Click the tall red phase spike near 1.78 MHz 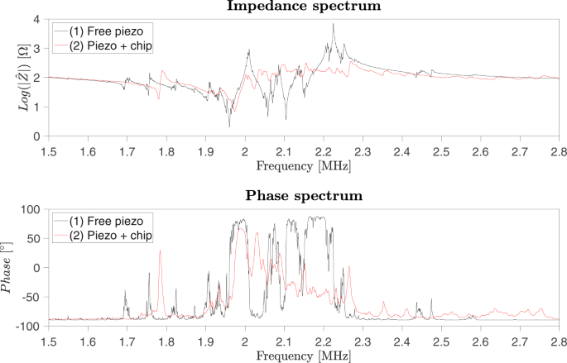(x=161, y=252)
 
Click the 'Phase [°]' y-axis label (x=10, y=268)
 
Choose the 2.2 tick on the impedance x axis (x=323, y=150)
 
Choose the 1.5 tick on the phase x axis (x=48, y=340)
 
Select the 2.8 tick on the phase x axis (x=560, y=340)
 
